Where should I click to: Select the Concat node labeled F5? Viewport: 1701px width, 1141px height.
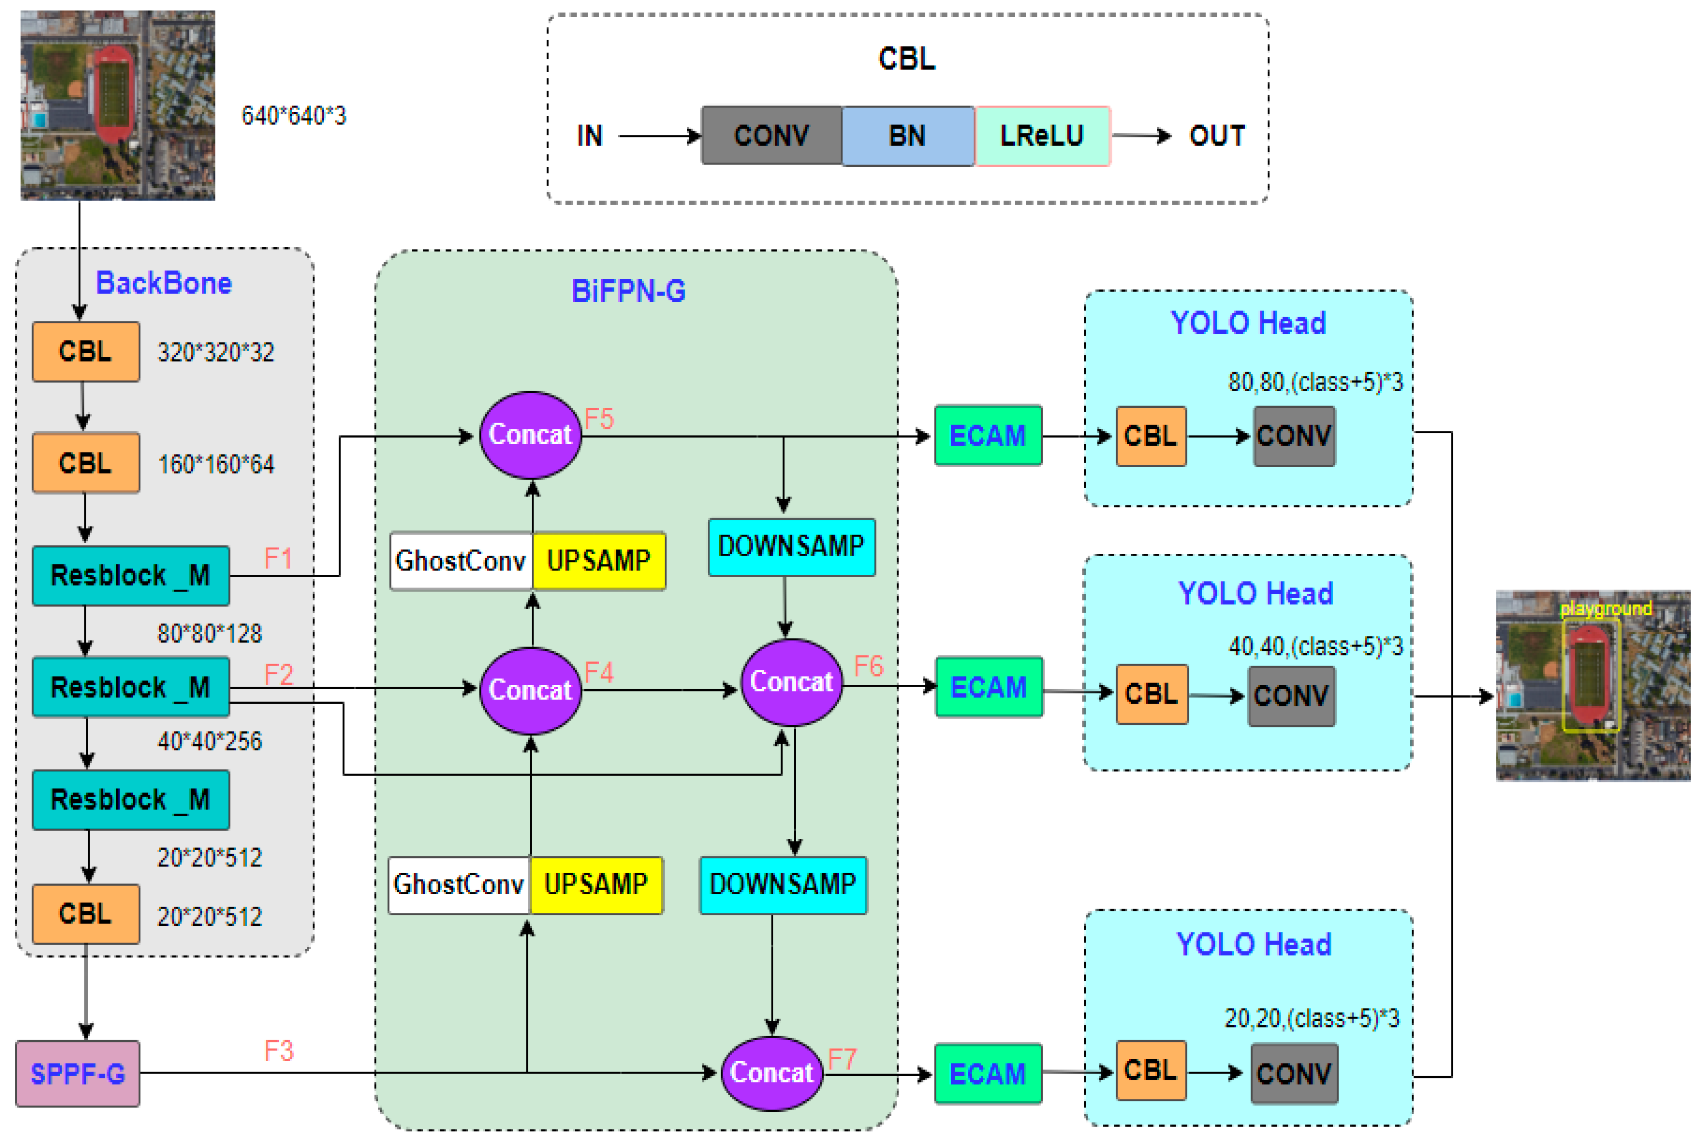(x=530, y=435)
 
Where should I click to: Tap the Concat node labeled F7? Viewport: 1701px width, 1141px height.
(x=771, y=1073)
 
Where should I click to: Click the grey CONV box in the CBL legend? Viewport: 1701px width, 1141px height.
(x=771, y=135)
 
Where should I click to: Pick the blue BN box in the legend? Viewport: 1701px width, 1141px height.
(x=907, y=135)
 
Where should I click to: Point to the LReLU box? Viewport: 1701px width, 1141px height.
(x=1042, y=135)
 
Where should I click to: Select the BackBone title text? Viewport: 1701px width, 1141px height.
(x=164, y=283)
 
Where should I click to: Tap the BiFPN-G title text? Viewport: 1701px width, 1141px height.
(x=628, y=291)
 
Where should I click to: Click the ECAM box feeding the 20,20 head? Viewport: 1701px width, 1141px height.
(x=988, y=1073)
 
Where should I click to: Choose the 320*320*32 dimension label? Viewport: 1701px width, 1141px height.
(x=216, y=352)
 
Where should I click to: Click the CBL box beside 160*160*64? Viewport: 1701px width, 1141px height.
(x=86, y=463)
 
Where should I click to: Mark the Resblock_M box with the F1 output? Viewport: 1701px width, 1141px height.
(x=130, y=576)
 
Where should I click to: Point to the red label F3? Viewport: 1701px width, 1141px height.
(x=279, y=1051)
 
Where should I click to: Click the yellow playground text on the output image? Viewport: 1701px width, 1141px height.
(x=1605, y=608)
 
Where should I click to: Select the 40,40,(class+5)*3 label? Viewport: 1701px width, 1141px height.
(x=1315, y=646)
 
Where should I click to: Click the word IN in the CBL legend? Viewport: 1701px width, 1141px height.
(x=589, y=135)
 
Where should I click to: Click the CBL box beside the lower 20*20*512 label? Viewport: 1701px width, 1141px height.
(x=86, y=913)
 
